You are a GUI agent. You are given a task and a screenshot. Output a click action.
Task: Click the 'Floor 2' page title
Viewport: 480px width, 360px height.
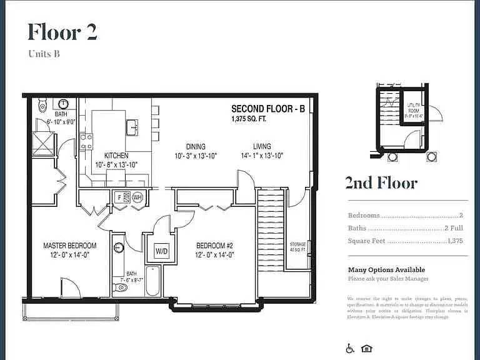click(x=62, y=31)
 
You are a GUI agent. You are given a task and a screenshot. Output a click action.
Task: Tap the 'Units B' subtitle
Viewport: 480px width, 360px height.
click(x=44, y=54)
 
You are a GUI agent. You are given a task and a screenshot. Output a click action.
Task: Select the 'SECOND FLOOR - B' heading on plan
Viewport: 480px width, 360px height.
click(x=268, y=109)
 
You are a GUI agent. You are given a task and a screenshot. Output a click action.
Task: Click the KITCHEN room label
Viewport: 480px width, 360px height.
click(x=116, y=156)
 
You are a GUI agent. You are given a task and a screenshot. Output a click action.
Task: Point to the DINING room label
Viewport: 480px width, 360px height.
click(x=196, y=147)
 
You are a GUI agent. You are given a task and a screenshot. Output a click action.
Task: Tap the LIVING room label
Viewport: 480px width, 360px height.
click(x=262, y=147)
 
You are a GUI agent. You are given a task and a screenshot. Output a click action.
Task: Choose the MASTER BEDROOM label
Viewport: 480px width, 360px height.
click(x=69, y=246)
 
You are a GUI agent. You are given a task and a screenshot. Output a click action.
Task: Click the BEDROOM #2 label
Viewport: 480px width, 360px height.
click(x=214, y=246)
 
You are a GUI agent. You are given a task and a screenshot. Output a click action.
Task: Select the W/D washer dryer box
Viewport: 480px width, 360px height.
click(x=162, y=251)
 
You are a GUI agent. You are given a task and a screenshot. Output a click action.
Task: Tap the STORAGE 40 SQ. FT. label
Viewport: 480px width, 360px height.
click(x=297, y=247)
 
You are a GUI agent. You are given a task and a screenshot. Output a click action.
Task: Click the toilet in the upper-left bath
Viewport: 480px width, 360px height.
click(x=42, y=103)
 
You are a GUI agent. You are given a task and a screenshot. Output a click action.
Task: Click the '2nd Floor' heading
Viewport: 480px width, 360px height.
click(x=381, y=182)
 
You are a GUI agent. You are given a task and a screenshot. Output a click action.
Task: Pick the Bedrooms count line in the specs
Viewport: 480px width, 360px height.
click(x=405, y=215)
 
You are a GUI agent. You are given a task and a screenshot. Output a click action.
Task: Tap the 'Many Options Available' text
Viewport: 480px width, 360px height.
click(x=386, y=269)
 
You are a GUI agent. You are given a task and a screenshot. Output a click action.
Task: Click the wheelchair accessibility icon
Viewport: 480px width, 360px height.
click(x=351, y=349)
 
